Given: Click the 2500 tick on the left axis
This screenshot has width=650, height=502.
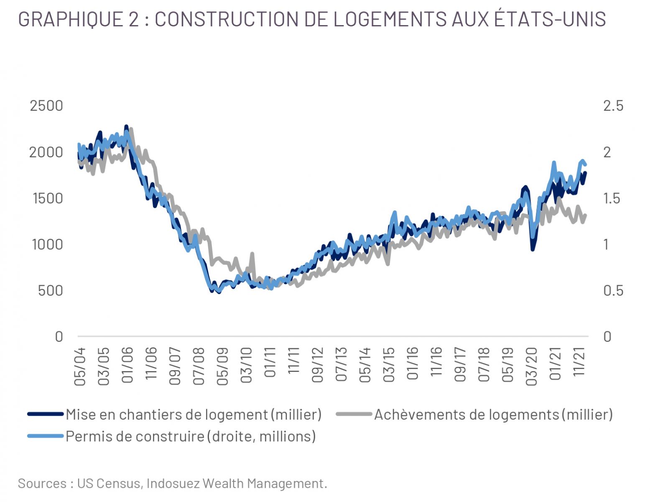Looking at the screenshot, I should pyautogui.click(x=46, y=105).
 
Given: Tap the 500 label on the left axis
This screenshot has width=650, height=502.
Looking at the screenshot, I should pyautogui.click(x=50, y=291).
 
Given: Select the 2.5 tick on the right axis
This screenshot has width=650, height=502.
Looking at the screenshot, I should pyautogui.click(x=613, y=105).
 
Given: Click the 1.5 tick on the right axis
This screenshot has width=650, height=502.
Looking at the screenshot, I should pyautogui.click(x=613, y=198).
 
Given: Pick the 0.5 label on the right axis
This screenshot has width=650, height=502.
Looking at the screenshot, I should pyautogui.click(x=613, y=291).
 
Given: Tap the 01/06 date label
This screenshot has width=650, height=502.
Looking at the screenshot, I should pyautogui.click(x=127, y=365).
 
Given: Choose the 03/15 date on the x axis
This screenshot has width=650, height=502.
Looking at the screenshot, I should pyautogui.click(x=389, y=364).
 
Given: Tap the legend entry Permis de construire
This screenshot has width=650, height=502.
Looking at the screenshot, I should pyautogui.click(x=191, y=436).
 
